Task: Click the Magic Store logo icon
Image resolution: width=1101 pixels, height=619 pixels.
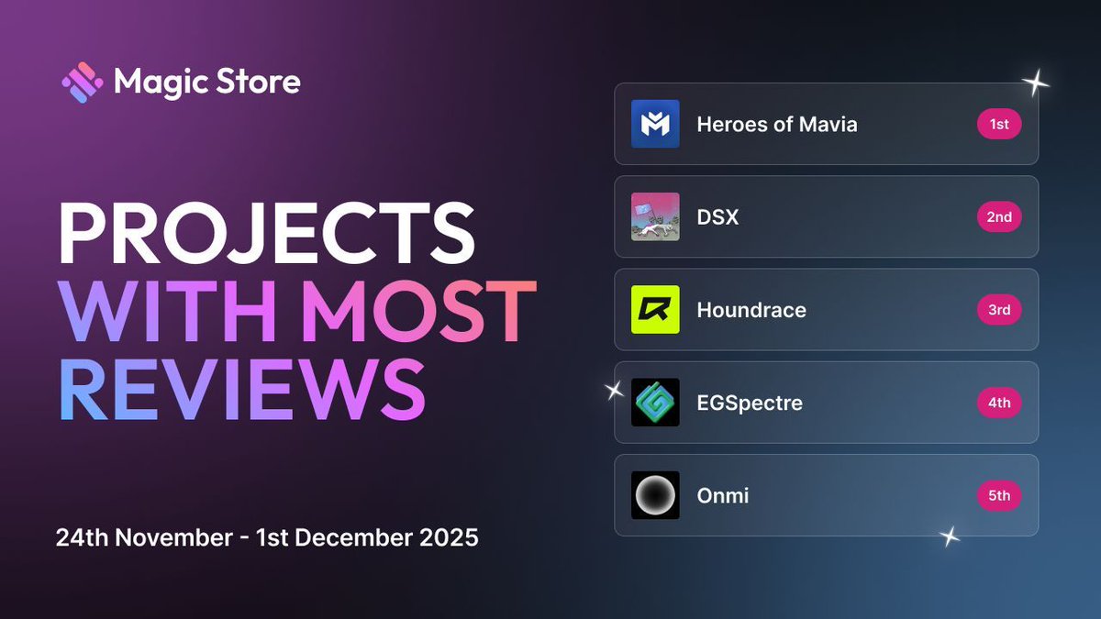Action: coord(83,83)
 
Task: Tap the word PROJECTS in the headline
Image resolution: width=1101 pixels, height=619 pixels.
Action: coord(266,237)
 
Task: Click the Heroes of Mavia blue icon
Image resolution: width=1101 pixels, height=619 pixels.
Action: coord(655,125)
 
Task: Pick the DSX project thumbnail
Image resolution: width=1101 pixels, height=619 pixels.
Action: coord(655,217)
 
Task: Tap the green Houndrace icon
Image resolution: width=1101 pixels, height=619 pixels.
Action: coord(655,310)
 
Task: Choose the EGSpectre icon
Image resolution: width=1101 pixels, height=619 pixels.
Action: coord(655,403)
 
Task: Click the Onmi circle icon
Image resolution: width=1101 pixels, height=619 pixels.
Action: coord(655,495)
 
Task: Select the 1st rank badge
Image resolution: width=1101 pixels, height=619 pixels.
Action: coord(999,125)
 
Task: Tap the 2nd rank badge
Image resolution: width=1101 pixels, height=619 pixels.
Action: coord(999,217)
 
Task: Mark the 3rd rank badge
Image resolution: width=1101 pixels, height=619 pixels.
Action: coord(999,310)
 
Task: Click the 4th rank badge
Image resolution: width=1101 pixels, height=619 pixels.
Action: coord(999,403)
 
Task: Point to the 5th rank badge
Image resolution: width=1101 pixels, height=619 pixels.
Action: coord(999,495)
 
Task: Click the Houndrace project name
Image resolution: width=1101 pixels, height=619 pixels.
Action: coord(751,310)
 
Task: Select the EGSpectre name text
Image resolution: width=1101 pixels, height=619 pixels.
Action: coord(750,403)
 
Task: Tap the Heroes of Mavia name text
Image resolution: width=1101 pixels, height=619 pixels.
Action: coord(777,125)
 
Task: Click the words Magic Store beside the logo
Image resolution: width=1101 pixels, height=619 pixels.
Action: coord(207,83)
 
